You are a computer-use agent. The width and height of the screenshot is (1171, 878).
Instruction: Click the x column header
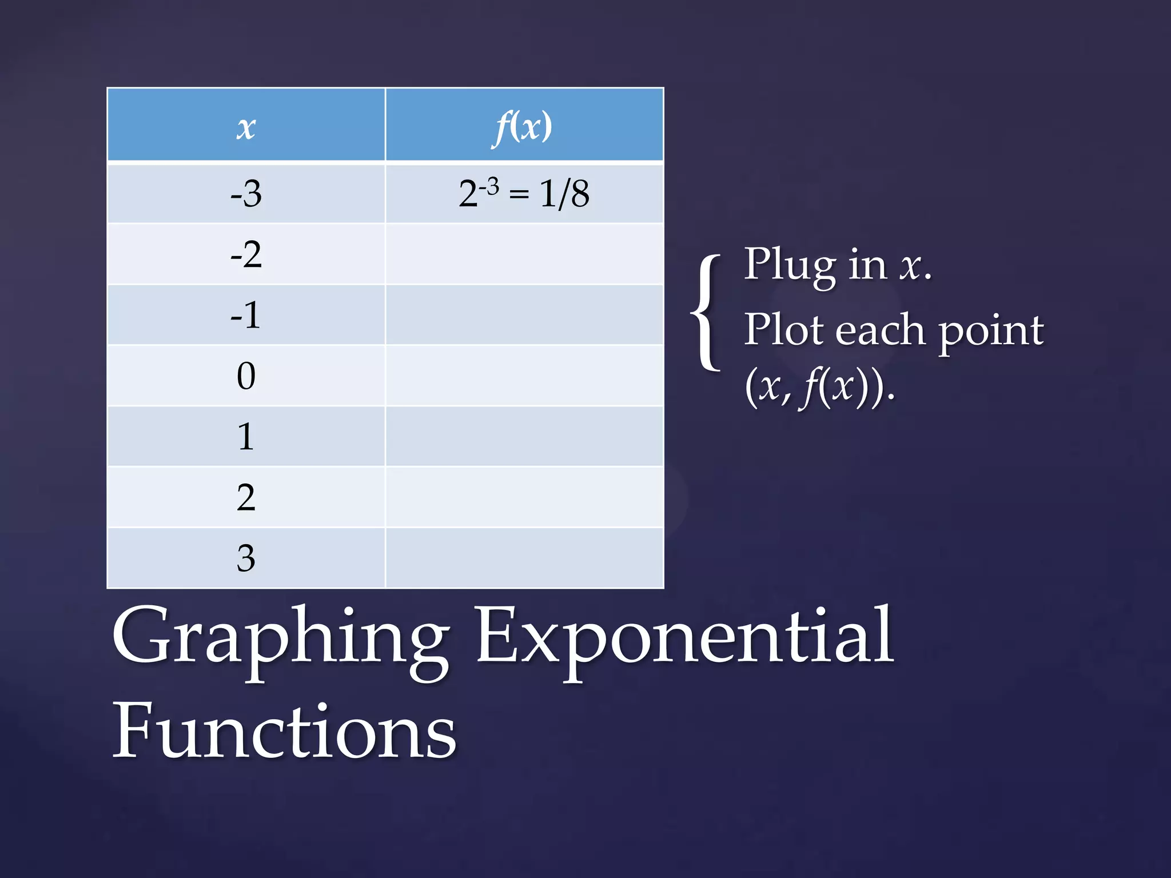[x=246, y=126]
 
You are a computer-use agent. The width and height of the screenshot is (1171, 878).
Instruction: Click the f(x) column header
[x=524, y=126]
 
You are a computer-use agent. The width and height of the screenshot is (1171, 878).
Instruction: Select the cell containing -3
[x=246, y=193]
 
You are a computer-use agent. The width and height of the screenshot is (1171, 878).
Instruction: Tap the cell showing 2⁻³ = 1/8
[x=524, y=193]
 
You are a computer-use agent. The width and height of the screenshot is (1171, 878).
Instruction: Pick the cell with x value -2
[x=246, y=254]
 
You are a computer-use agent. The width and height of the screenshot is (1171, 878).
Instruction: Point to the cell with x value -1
[x=246, y=315]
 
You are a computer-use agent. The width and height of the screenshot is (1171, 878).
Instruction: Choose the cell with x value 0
[x=246, y=376]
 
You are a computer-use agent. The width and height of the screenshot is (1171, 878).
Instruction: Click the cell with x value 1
[x=246, y=436]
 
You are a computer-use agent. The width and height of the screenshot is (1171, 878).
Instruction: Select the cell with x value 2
[x=246, y=497]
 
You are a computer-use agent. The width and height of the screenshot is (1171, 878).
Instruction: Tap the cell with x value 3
[x=246, y=558]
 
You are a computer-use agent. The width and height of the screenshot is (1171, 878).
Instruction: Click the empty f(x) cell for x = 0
[x=524, y=376]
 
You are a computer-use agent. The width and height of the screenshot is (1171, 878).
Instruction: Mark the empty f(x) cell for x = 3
[x=524, y=558]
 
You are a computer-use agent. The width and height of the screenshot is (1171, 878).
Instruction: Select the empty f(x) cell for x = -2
[x=524, y=254]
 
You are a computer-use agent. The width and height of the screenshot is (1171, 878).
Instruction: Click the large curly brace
[x=707, y=313]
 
